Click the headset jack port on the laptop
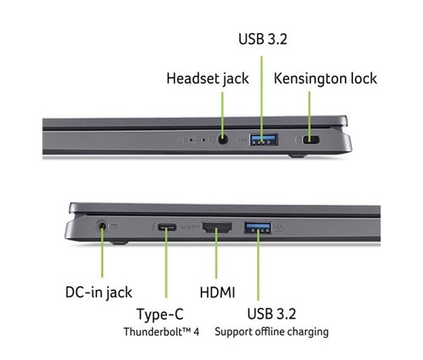[x=222, y=139]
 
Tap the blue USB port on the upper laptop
[x=264, y=139]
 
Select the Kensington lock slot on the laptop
[x=311, y=140]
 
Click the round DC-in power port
[x=102, y=225]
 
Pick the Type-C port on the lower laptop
[x=167, y=227]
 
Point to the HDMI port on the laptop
[x=217, y=227]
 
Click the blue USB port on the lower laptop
[x=258, y=227]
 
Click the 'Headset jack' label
[x=208, y=78]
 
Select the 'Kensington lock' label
[x=325, y=78]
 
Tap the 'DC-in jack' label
[x=98, y=292]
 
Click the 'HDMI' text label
[x=218, y=292]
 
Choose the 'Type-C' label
[x=160, y=315]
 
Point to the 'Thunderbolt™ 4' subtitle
[x=162, y=332]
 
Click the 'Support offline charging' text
[x=271, y=332]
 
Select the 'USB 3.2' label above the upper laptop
[x=263, y=39]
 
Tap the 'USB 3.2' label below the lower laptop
[x=271, y=314]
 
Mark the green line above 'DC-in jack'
[x=102, y=251]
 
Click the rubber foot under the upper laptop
[x=297, y=155]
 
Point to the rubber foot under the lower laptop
[x=119, y=242]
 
